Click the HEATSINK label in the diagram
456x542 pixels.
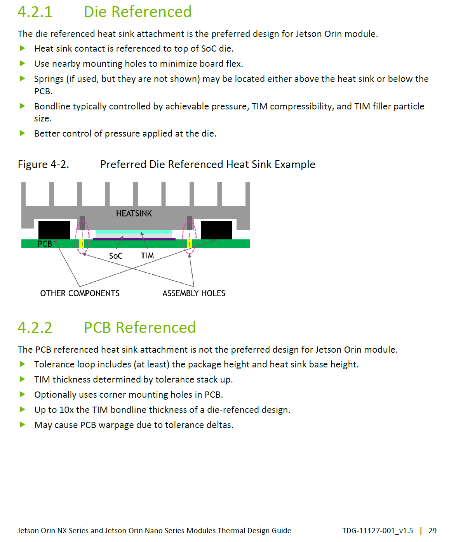(x=134, y=213)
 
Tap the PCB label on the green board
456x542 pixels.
(x=45, y=244)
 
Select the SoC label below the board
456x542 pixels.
(x=116, y=256)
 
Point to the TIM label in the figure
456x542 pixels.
(x=148, y=256)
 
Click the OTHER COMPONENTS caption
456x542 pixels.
(x=80, y=293)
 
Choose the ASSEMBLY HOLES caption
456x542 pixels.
(x=194, y=293)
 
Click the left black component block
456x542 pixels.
(x=54, y=230)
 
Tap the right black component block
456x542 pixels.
(x=216, y=230)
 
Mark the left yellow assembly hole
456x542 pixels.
(x=82, y=244)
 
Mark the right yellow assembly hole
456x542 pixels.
(x=189, y=244)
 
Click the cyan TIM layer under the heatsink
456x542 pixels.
(x=134, y=232)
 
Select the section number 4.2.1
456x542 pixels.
(x=35, y=12)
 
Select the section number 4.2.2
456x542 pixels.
(x=35, y=328)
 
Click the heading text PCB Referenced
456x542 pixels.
(x=140, y=328)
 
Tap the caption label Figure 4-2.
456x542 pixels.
(x=44, y=165)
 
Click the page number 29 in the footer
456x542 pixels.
(x=432, y=530)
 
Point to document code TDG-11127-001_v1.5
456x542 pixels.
(x=378, y=530)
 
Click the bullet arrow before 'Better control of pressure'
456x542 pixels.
(x=23, y=133)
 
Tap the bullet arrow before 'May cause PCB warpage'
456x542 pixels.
(x=23, y=424)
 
